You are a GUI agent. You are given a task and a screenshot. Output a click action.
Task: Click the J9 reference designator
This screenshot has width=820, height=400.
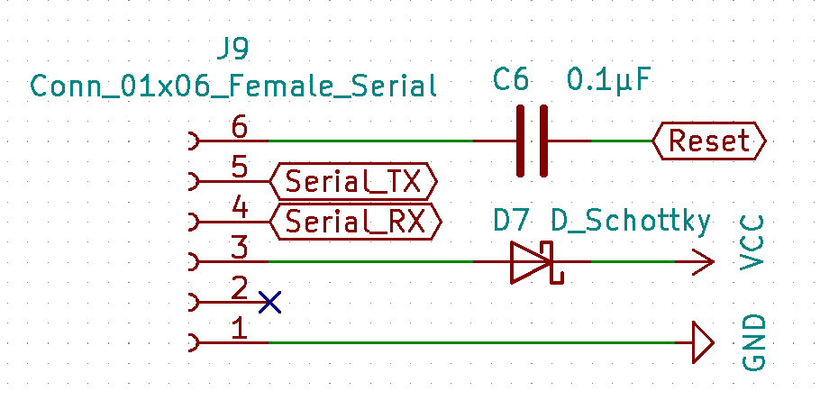click(232, 50)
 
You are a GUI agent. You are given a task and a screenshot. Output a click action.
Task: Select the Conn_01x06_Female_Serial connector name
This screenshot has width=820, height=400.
click(233, 86)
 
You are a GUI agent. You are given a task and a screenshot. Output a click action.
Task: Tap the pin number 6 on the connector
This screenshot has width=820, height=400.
click(239, 128)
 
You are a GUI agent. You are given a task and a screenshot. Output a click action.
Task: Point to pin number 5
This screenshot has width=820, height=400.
click(239, 168)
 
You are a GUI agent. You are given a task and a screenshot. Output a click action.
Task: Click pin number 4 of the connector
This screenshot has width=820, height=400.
click(240, 209)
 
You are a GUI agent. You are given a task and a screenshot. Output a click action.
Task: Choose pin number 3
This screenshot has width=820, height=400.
click(239, 249)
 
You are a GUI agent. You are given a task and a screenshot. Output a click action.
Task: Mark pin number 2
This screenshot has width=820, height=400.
click(239, 289)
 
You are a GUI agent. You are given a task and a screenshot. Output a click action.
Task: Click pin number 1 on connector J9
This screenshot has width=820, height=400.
click(239, 330)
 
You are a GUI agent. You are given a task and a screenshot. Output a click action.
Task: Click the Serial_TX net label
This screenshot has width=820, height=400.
click(353, 181)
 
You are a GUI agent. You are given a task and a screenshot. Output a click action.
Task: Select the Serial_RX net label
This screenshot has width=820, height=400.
click(356, 222)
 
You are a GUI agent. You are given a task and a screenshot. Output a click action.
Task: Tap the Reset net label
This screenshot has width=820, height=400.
click(709, 141)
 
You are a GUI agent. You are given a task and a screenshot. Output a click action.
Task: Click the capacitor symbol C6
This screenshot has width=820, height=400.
click(533, 141)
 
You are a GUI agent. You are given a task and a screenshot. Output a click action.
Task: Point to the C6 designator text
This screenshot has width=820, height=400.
click(511, 81)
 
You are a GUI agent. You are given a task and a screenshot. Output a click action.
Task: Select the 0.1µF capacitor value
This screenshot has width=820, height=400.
click(608, 81)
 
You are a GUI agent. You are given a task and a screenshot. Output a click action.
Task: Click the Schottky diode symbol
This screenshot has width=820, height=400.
click(533, 262)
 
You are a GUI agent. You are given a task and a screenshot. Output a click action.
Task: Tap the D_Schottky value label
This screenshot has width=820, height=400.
click(631, 222)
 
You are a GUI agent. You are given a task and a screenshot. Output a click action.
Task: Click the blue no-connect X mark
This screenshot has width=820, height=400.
click(269, 302)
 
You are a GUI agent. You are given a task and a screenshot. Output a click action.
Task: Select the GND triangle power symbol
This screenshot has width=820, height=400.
click(703, 343)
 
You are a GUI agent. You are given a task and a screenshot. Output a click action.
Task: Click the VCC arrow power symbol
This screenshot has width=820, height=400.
click(703, 262)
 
